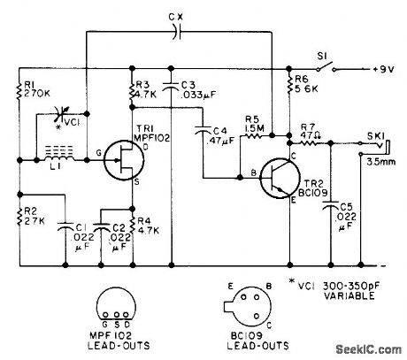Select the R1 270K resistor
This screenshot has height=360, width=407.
click(19, 88)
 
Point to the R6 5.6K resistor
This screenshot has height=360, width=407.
click(290, 88)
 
